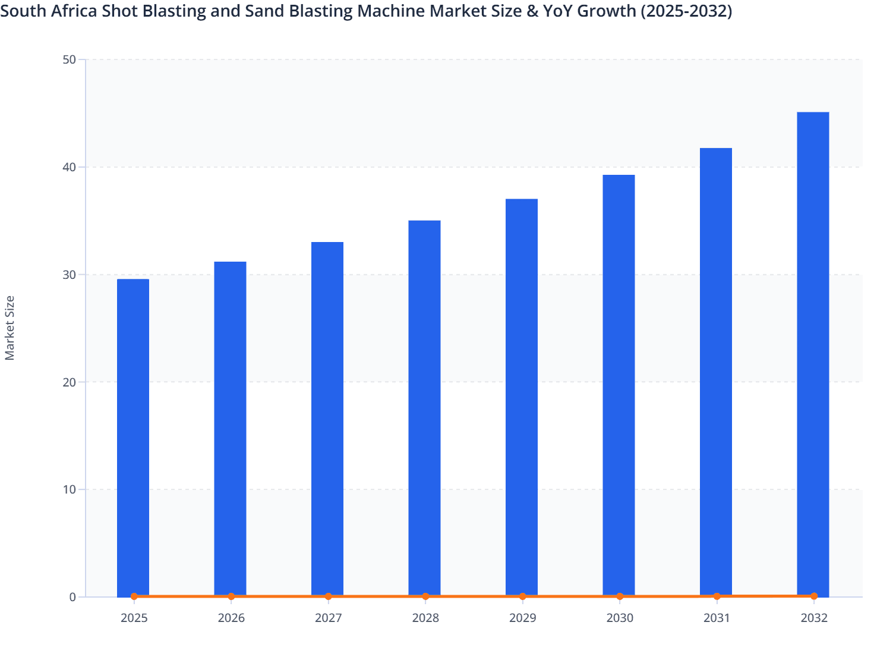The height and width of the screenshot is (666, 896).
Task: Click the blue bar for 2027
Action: (327, 419)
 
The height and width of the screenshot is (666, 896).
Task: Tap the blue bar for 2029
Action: (522, 397)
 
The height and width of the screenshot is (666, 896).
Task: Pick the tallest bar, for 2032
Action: (813, 354)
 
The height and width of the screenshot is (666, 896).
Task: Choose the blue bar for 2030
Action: (619, 385)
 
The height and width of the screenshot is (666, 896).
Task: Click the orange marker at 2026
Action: (231, 596)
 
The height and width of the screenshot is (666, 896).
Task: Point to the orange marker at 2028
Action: (425, 596)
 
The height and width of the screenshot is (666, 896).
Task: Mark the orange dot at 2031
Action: (717, 596)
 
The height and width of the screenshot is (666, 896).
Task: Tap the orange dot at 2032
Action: (814, 596)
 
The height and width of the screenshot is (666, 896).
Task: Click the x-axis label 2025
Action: (134, 618)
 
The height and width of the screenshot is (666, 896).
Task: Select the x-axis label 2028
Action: (425, 618)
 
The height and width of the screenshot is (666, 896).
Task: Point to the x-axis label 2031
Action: (717, 618)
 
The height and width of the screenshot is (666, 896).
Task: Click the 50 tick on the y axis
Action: (70, 59)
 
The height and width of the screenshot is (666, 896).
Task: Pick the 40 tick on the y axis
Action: (70, 167)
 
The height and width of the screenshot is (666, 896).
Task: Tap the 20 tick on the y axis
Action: (70, 382)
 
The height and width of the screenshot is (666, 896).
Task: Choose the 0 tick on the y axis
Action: (72, 597)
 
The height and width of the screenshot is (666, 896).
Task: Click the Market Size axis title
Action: (10, 328)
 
